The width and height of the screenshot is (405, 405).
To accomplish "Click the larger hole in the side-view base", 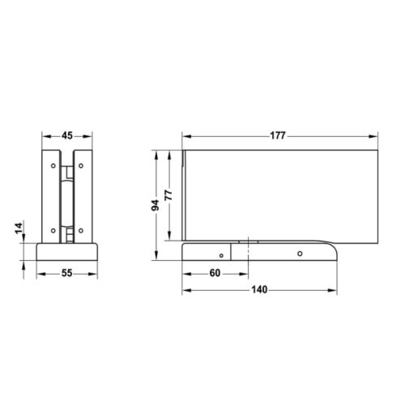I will (299, 254).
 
